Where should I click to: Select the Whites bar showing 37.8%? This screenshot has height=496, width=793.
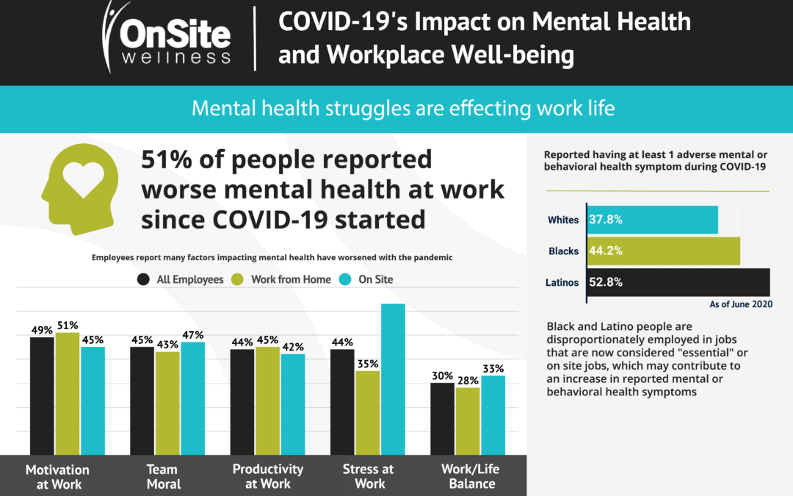[x=652, y=220]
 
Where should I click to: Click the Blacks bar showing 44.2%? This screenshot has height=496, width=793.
[x=663, y=251]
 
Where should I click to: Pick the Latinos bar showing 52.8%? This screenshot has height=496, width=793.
[x=678, y=282]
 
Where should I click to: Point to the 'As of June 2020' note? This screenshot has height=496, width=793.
[x=740, y=304]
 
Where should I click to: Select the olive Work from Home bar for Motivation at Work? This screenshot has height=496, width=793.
[x=68, y=393]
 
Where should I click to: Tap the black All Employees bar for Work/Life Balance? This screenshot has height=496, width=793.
[x=443, y=417]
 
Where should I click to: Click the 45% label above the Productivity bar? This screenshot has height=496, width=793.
[x=268, y=340]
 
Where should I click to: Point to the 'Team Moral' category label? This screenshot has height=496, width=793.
[x=162, y=476]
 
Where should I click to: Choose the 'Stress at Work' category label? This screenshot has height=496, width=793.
[x=369, y=476]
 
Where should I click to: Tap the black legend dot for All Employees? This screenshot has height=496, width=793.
[x=144, y=279]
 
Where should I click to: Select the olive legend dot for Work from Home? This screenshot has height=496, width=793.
[x=237, y=279]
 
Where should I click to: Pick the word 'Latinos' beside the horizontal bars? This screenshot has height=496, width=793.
[x=562, y=282]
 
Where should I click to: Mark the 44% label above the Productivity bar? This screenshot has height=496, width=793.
[x=242, y=342]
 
